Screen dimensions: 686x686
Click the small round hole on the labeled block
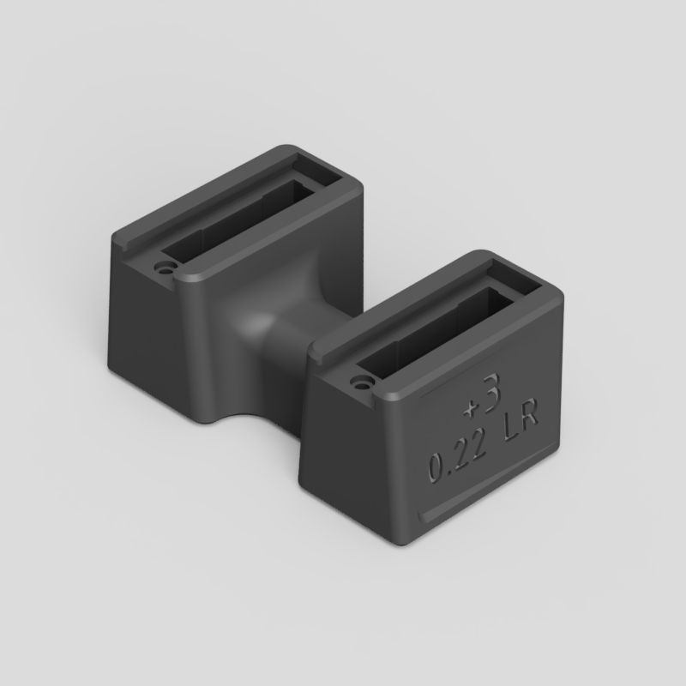360,377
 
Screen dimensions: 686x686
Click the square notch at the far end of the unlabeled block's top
310,165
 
